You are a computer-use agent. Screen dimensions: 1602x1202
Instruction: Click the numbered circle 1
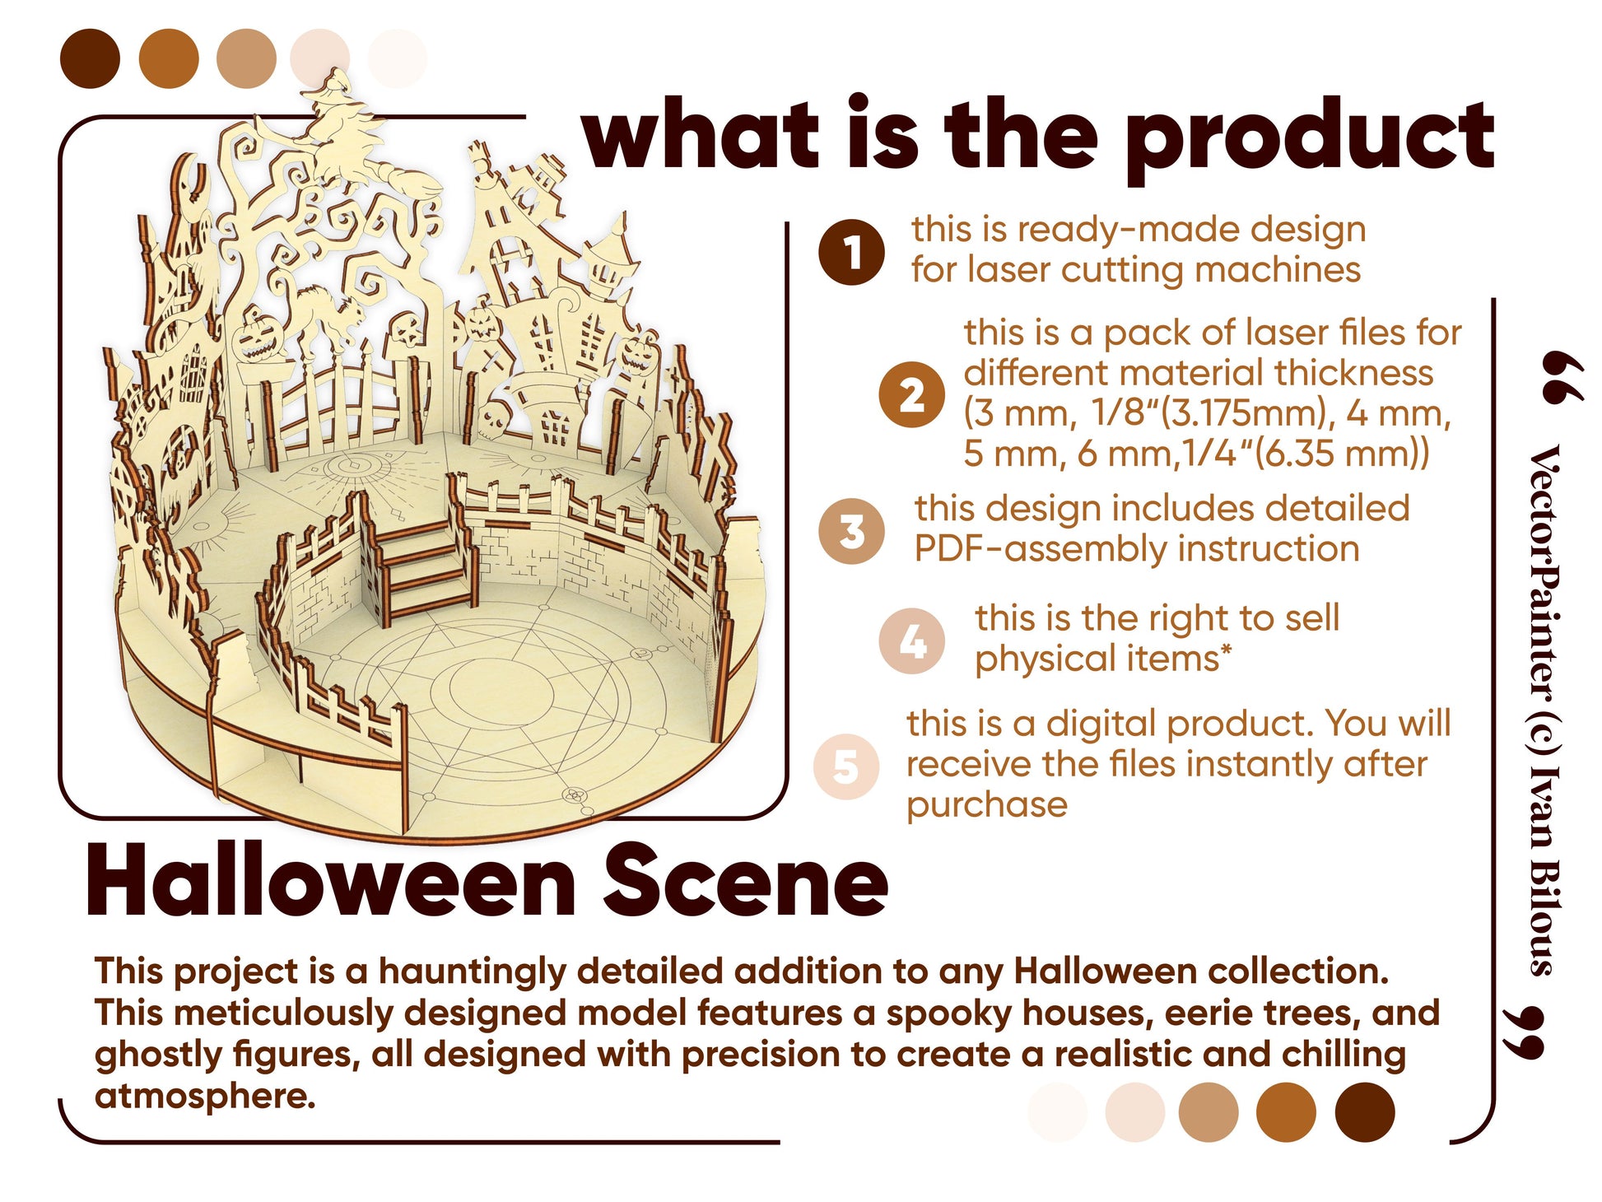pos(851,252)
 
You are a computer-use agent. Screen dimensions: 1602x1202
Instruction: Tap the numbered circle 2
pos(911,394)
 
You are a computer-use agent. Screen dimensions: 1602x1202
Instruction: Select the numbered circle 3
pos(852,531)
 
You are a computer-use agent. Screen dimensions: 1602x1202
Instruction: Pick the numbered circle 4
pos(912,641)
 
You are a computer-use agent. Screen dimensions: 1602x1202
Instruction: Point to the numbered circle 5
pos(846,766)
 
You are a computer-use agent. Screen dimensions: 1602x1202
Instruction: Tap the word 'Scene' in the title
pos(745,881)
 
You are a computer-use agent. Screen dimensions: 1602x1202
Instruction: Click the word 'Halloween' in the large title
pos(330,881)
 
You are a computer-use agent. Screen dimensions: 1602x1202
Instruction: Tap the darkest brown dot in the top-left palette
pos(90,58)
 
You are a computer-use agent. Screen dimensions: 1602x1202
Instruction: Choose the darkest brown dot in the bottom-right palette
pos(1364,1111)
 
